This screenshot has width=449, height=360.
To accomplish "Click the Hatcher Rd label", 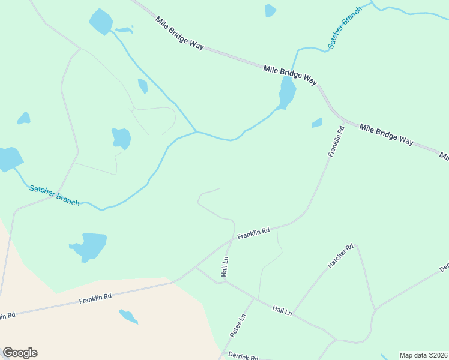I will (x=341, y=256).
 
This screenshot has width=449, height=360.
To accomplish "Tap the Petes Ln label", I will (x=238, y=325).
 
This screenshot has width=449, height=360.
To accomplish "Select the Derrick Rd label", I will (x=243, y=356).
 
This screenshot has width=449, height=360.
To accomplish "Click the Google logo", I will (x=20, y=353).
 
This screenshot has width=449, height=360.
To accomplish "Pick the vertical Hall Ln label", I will (x=225, y=266).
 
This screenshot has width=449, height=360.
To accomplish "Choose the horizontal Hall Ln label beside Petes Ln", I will (x=282, y=310).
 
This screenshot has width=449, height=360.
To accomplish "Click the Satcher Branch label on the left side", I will (x=54, y=196).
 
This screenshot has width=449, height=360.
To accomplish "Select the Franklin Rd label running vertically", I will (x=336, y=142).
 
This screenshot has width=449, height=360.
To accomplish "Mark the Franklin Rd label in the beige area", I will (x=95, y=297).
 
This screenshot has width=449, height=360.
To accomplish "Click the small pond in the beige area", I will (x=128, y=316).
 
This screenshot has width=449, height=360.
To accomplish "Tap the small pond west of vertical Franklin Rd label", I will (x=317, y=123).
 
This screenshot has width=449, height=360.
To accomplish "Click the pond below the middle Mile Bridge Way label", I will (x=287, y=93).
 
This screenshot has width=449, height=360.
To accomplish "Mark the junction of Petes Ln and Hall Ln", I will (x=254, y=298).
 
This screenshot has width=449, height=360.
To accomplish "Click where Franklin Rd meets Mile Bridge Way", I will (x=344, y=119).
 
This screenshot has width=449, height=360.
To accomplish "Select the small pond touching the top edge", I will (x=270, y=10).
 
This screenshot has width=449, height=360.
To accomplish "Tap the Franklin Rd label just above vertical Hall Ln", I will (x=253, y=233).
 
